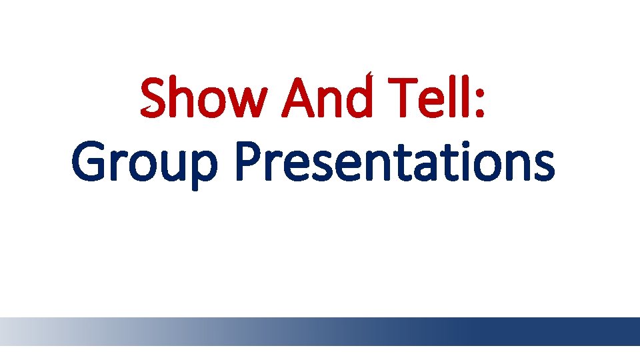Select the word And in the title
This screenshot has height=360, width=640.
(326, 99)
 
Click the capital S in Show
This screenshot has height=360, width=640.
(154, 99)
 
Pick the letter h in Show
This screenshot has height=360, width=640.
(181, 99)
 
